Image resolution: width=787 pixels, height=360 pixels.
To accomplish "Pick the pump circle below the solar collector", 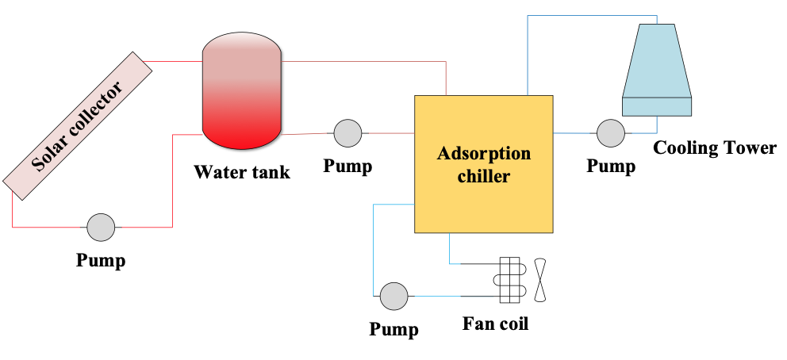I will [101, 227].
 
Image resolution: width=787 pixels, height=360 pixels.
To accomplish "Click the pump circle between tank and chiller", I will [347, 133].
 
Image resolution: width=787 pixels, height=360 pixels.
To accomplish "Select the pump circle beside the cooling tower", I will [611, 133].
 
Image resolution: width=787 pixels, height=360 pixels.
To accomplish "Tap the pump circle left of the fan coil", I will [393, 296].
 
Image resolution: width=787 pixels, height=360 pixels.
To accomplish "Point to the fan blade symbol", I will [541, 280].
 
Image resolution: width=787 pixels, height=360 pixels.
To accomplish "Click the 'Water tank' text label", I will [242, 171].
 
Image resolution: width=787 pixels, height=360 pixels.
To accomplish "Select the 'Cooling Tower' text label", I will [714, 147].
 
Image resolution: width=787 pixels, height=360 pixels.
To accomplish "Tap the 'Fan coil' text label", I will [495, 324].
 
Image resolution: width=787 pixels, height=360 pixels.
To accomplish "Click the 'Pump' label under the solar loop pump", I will [101, 260].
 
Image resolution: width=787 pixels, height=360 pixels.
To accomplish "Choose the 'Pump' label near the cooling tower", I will [611, 167].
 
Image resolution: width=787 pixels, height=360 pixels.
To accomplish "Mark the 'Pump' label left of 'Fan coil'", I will [393, 328].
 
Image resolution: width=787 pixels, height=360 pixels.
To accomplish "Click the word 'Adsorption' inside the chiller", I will [483, 153].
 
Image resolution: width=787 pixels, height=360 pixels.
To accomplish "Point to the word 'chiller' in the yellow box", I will [483, 176].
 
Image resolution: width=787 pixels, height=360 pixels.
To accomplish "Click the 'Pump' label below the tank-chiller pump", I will [347, 167].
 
